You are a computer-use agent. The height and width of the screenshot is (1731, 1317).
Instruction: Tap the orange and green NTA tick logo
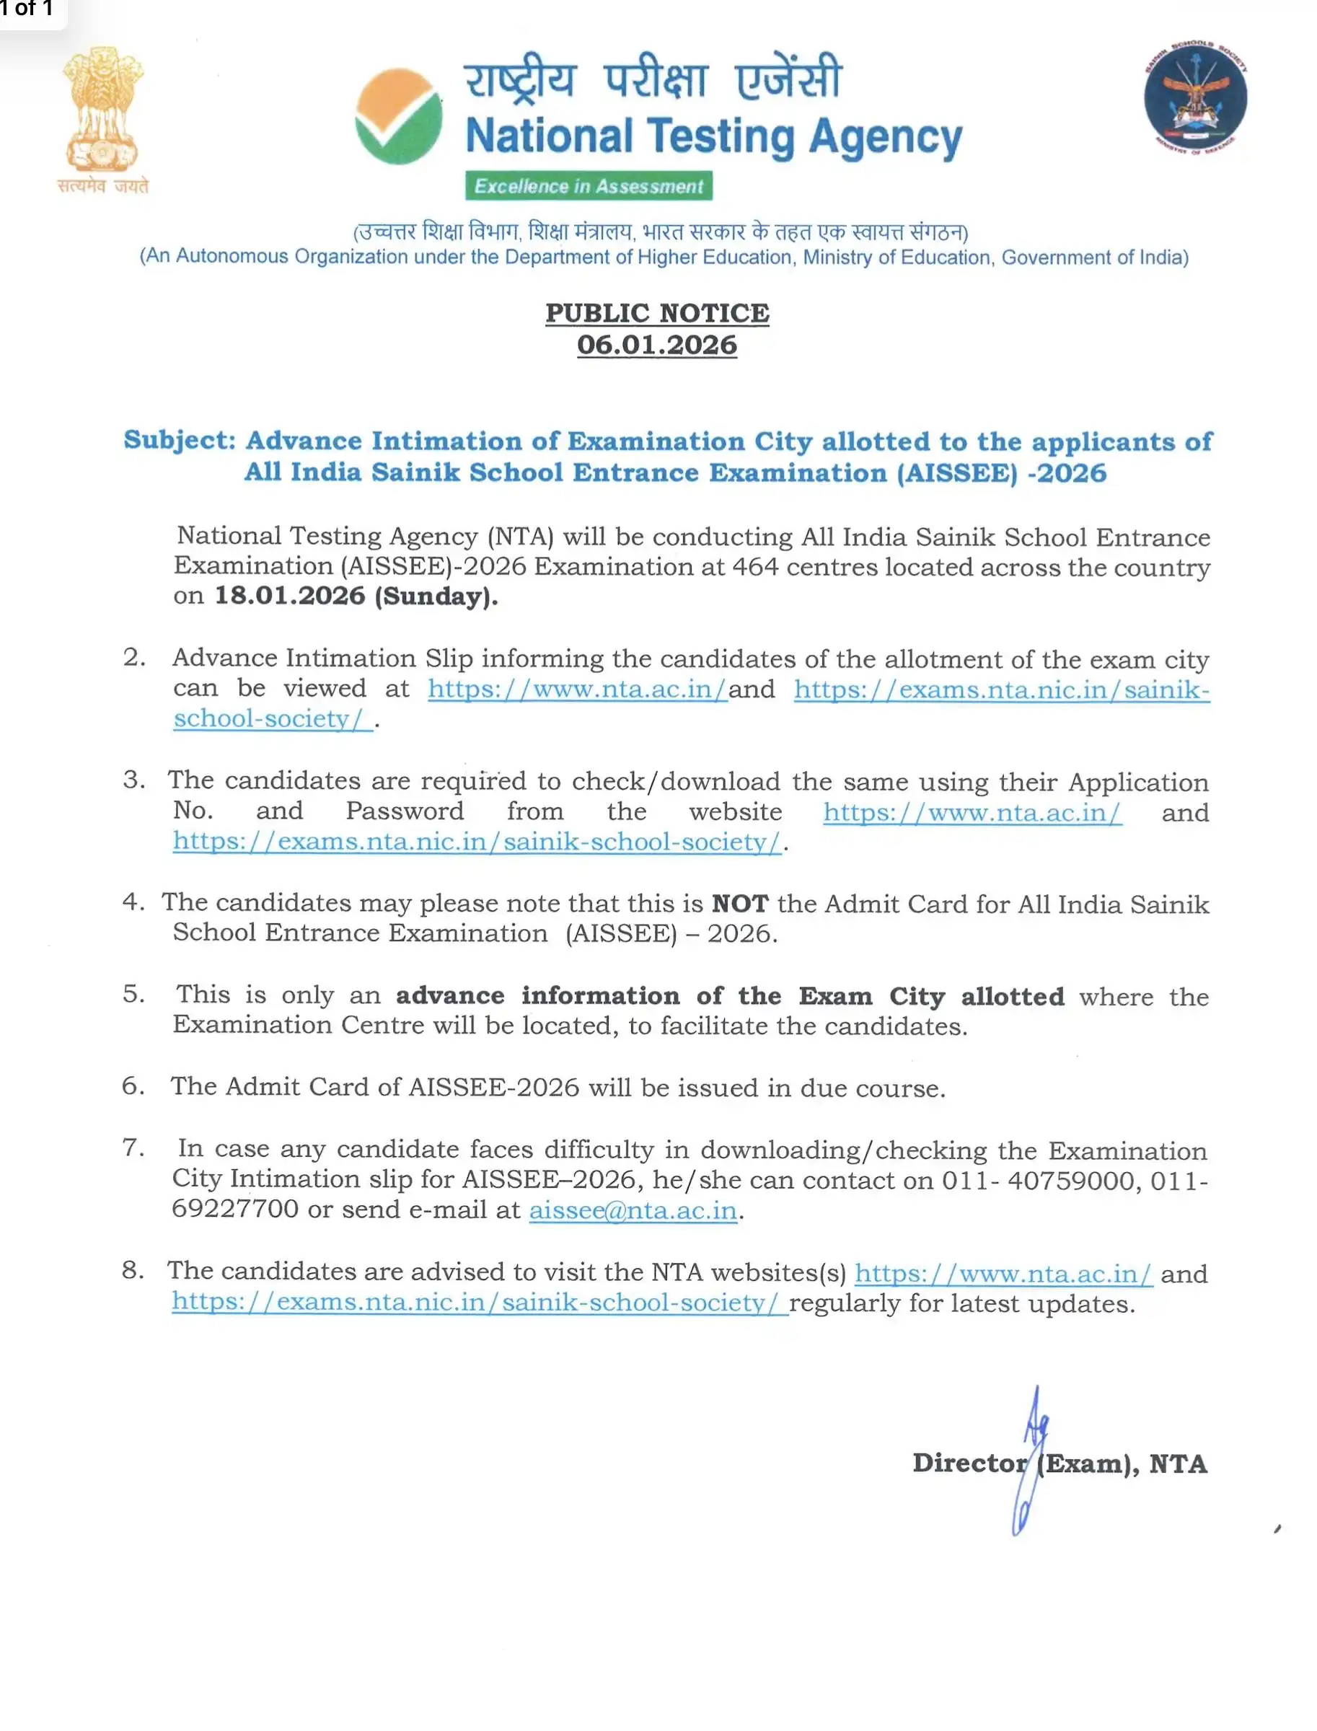coord(398,116)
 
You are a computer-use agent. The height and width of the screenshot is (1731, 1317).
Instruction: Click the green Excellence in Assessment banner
coord(588,186)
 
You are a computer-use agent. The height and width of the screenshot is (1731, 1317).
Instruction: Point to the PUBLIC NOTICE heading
coord(657,313)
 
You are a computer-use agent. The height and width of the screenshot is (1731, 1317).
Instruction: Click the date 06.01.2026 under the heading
coord(657,345)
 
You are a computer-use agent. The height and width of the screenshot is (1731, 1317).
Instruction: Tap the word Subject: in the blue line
coord(180,440)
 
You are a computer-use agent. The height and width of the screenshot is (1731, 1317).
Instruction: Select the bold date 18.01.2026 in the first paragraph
coord(290,595)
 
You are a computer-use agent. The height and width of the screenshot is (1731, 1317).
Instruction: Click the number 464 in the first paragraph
coord(755,566)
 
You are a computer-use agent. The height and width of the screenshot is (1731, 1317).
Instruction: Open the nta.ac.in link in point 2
coord(577,688)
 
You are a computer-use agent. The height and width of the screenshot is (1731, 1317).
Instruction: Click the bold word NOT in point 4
coord(739,903)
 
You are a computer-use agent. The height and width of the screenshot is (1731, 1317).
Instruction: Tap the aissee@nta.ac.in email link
coord(633,1210)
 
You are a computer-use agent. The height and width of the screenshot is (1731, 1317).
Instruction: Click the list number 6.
coord(133,1085)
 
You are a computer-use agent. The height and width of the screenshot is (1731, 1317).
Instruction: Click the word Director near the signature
coord(969,1463)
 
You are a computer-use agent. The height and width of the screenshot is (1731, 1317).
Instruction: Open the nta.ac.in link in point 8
coord(1003,1273)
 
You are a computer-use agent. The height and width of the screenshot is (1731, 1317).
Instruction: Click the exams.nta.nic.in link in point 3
coord(477,841)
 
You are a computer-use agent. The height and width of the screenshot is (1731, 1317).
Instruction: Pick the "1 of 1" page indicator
coord(27,9)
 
